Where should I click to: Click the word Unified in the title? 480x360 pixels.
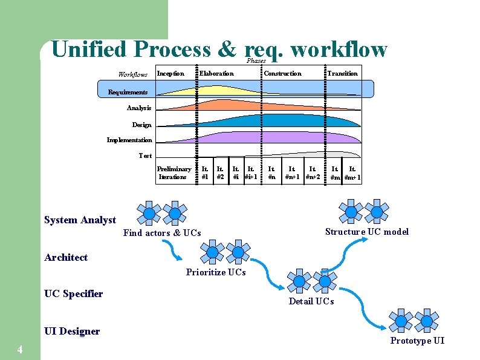point(89,49)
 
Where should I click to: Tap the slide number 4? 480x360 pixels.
point(20,350)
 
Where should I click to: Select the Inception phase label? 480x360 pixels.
point(170,74)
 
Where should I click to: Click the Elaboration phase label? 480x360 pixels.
point(216,74)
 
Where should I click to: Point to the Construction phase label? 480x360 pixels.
point(282,74)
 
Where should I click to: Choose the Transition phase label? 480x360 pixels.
point(342,74)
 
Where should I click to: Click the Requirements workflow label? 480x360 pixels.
point(128,92)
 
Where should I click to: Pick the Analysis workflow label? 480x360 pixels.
point(139,108)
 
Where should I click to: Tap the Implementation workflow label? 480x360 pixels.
point(129,140)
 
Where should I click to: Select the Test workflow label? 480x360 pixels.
point(145,155)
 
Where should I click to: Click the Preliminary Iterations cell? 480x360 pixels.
point(174,173)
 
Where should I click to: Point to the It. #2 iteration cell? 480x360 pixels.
point(221,173)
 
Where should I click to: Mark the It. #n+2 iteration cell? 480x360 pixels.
point(313,173)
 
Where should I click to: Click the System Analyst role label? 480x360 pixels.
point(80,220)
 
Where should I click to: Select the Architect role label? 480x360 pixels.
point(66,258)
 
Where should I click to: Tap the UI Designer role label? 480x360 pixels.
point(72,331)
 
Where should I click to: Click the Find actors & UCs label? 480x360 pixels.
point(162,233)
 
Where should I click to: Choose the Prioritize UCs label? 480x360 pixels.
point(216,272)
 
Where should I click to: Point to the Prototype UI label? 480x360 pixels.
point(417,341)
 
